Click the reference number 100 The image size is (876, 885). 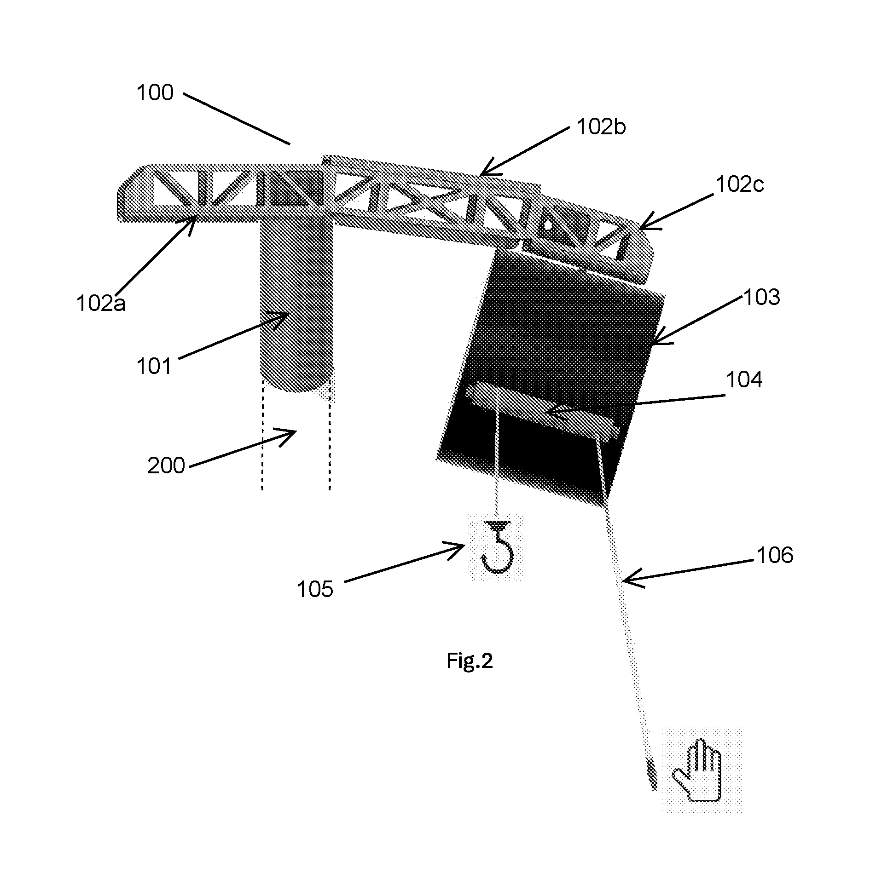[x=155, y=93]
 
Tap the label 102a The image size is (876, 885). [x=101, y=304]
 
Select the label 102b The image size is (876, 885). [x=601, y=127]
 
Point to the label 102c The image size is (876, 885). [x=740, y=185]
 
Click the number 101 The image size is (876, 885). [x=154, y=367]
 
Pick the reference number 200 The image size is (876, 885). [x=166, y=466]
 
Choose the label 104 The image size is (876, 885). [x=744, y=380]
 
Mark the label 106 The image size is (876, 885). [x=775, y=556]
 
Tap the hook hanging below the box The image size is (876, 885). [x=497, y=546]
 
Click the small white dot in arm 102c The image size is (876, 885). [x=547, y=226]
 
